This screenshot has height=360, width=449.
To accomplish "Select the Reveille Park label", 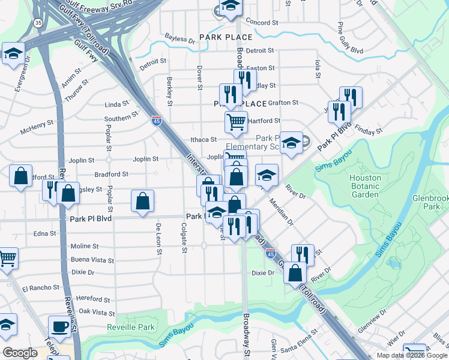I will click(131, 327).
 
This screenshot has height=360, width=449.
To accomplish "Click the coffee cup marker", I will click(59, 327).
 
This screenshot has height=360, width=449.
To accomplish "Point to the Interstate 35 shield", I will click(38, 23).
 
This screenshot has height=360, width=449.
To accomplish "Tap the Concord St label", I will click(262, 22).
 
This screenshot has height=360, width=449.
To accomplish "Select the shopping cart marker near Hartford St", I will click(236, 122).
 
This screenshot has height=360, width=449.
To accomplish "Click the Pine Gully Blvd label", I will click(349, 37).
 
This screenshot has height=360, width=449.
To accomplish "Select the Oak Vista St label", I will click(97, 313).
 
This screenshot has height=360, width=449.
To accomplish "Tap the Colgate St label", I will click(184, 238).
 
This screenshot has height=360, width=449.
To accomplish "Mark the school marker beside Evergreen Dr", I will click(13, 53).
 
